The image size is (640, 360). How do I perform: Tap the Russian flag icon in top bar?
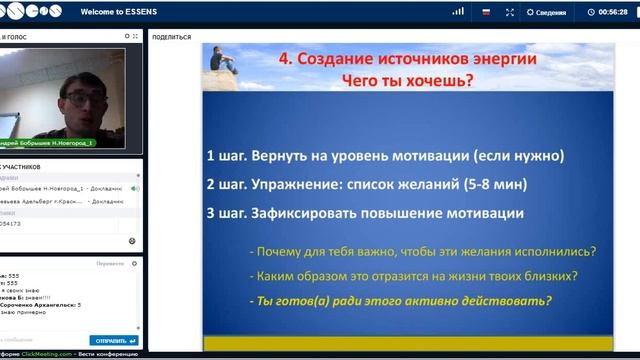tap(486, 12)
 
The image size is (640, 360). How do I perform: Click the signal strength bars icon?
tap(458, 12)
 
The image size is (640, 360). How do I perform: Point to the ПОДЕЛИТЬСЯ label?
tap(171, 35)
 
